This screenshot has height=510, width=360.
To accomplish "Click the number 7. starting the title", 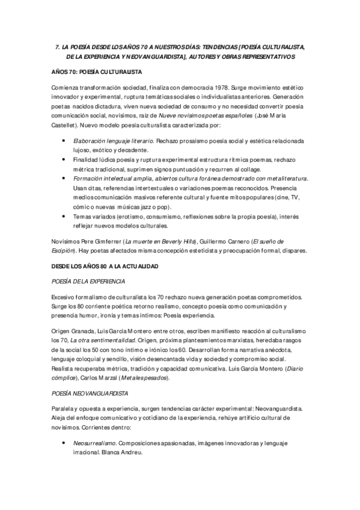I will click(58, 46).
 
